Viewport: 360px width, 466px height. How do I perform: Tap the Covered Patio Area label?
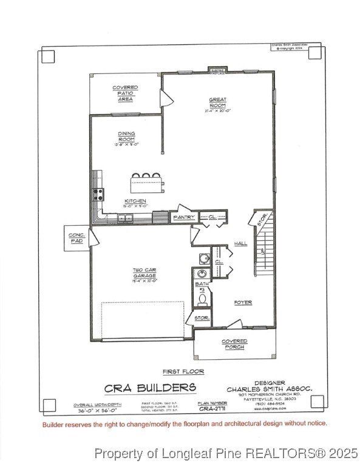125,93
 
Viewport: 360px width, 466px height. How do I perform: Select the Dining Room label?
127,138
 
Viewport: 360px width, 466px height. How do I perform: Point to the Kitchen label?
135,203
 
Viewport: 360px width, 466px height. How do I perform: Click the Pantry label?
184,217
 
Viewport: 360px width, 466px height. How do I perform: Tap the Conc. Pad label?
76,238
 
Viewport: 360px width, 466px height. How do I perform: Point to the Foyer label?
243,302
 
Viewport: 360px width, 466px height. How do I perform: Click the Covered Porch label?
234,344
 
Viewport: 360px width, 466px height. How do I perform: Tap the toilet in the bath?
202,299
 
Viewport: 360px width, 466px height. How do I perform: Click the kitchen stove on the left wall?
97,194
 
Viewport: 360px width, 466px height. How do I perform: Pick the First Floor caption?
183,371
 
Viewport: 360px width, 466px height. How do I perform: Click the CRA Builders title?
150,388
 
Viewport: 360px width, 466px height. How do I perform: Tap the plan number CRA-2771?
212,409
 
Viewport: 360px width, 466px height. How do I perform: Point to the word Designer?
257,383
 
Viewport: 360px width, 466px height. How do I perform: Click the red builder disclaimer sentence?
184,423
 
